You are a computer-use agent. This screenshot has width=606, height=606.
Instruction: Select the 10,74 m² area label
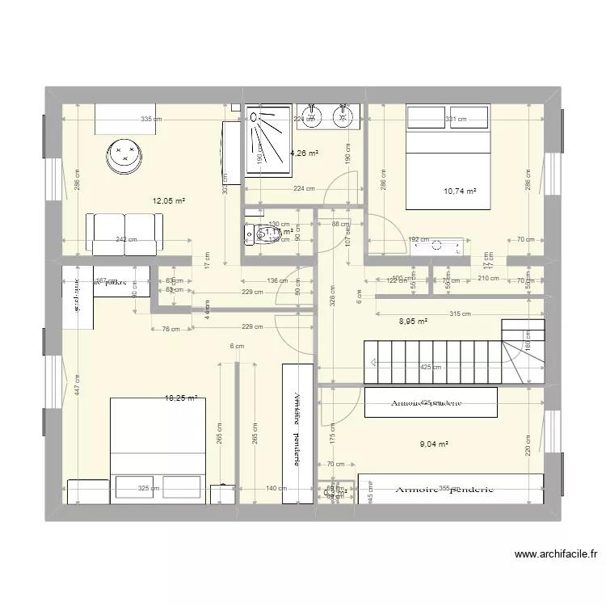click(460, 191)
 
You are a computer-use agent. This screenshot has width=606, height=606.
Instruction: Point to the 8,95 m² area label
click(413, 321)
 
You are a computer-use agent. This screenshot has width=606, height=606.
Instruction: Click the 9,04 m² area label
click(433, 443)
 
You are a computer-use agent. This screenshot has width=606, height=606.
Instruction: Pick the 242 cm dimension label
click(126, 239)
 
